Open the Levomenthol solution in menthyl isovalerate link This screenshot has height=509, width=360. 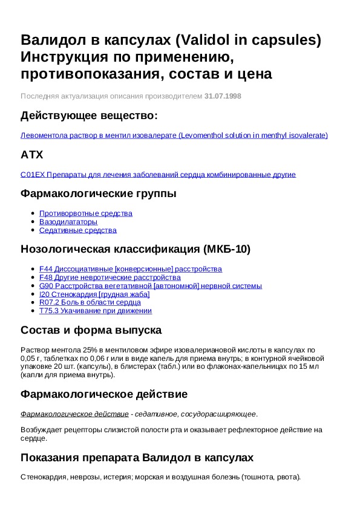click(174, 135)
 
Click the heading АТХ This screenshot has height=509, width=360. click(32, 155)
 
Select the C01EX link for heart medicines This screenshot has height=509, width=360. click(158, 175)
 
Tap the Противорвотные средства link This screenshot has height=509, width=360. click(85, 213)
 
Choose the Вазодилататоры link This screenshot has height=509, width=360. click(68, 222)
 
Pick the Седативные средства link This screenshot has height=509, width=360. click(78, 230)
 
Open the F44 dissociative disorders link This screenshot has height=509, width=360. click(130, 269)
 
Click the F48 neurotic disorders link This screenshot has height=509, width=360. click(110, 277)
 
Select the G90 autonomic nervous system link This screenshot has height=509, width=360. click(150, 286)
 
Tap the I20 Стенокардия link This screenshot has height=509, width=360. click(94, 294)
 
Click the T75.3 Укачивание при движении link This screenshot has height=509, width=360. click(95, 311)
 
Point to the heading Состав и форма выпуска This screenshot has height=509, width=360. click(91, 330)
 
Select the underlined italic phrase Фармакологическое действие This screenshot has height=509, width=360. click(74, 414)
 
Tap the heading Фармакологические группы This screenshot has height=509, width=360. click(99, 193)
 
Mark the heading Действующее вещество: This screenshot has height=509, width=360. click(89, 115)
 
